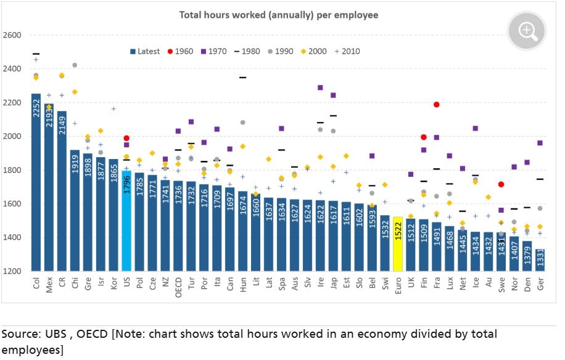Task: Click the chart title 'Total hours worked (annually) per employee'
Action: pos(279,14)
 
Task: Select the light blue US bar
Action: pos(127,228)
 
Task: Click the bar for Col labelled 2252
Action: pos(36,185)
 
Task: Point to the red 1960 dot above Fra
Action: pos(437,105)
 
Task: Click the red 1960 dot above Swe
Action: pos(501,184)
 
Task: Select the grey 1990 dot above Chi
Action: pos(75,65)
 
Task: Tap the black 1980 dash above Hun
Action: pos(243,78)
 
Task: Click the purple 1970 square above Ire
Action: pos(321,88)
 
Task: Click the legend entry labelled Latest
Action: pos(145,51)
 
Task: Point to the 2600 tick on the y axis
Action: pos(12,35)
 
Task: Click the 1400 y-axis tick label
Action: pos(12,238)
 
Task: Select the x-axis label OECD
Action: pos(179,287)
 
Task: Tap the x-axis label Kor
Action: pos(114,284)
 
